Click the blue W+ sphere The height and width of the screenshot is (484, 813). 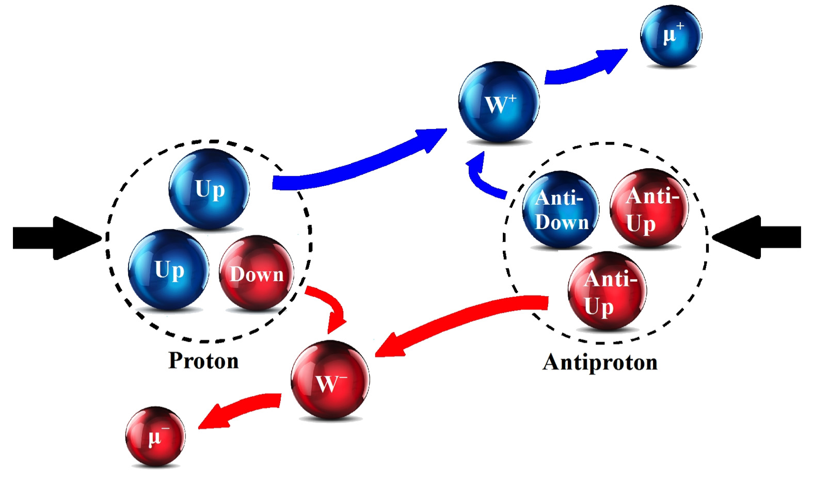click(499, 102)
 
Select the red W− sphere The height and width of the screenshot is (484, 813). click(330, 380)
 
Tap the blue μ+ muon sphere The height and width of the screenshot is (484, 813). click(671, 35)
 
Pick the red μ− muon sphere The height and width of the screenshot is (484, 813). click(155, 436)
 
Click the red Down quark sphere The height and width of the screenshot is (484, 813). click(257, 272)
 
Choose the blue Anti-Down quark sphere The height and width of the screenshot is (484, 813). click(561, 209)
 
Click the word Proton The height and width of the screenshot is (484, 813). click(204, 361)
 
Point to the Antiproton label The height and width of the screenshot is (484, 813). click(600, 362)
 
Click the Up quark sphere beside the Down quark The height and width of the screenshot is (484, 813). click(168, 269)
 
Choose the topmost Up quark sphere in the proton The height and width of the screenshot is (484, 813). click(209, 189)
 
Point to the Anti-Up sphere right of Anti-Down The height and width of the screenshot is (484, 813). click(649, 208)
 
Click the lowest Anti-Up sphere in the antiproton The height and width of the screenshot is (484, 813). click(607, 291)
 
